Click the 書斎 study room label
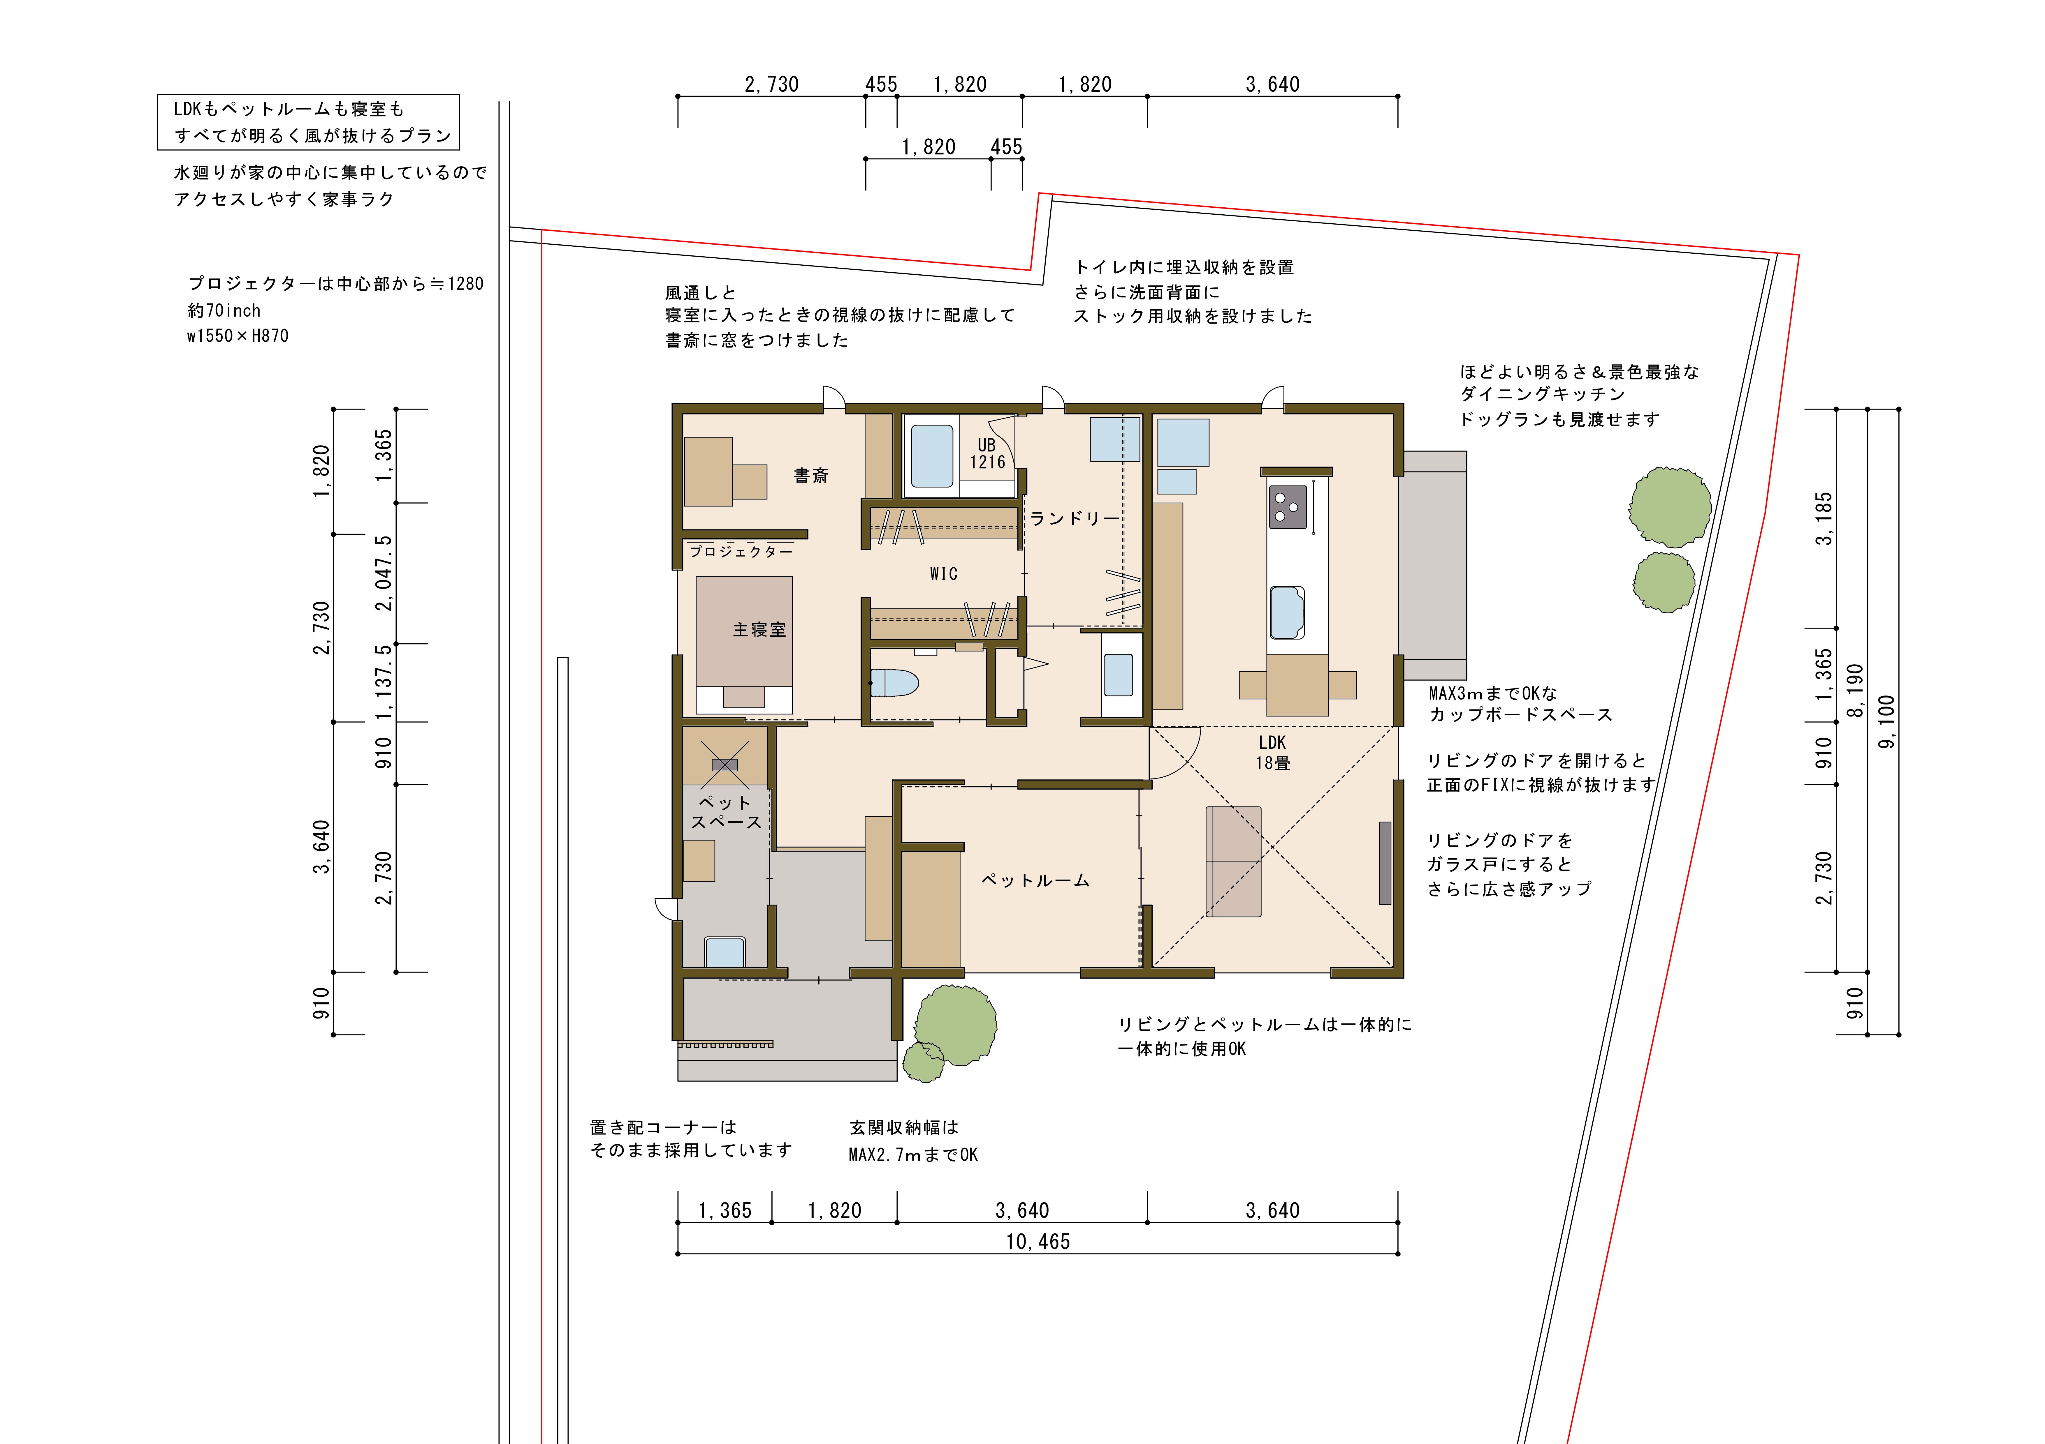(810, 475)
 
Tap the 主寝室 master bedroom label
(759, 629)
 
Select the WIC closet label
(943, 574)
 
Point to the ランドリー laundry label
(1074, 518)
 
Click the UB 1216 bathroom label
(987, 453)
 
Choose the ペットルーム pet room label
(1035, 880)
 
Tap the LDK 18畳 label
(1273, 752)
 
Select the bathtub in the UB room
(932, 456)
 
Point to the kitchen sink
(1287, 612)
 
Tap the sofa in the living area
(1234, 861)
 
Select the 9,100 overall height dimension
(1886, 721)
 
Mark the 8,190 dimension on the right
(1855, 690)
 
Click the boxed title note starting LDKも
(308, 122)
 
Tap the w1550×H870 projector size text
(238, 336)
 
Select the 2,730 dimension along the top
(771, 84)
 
